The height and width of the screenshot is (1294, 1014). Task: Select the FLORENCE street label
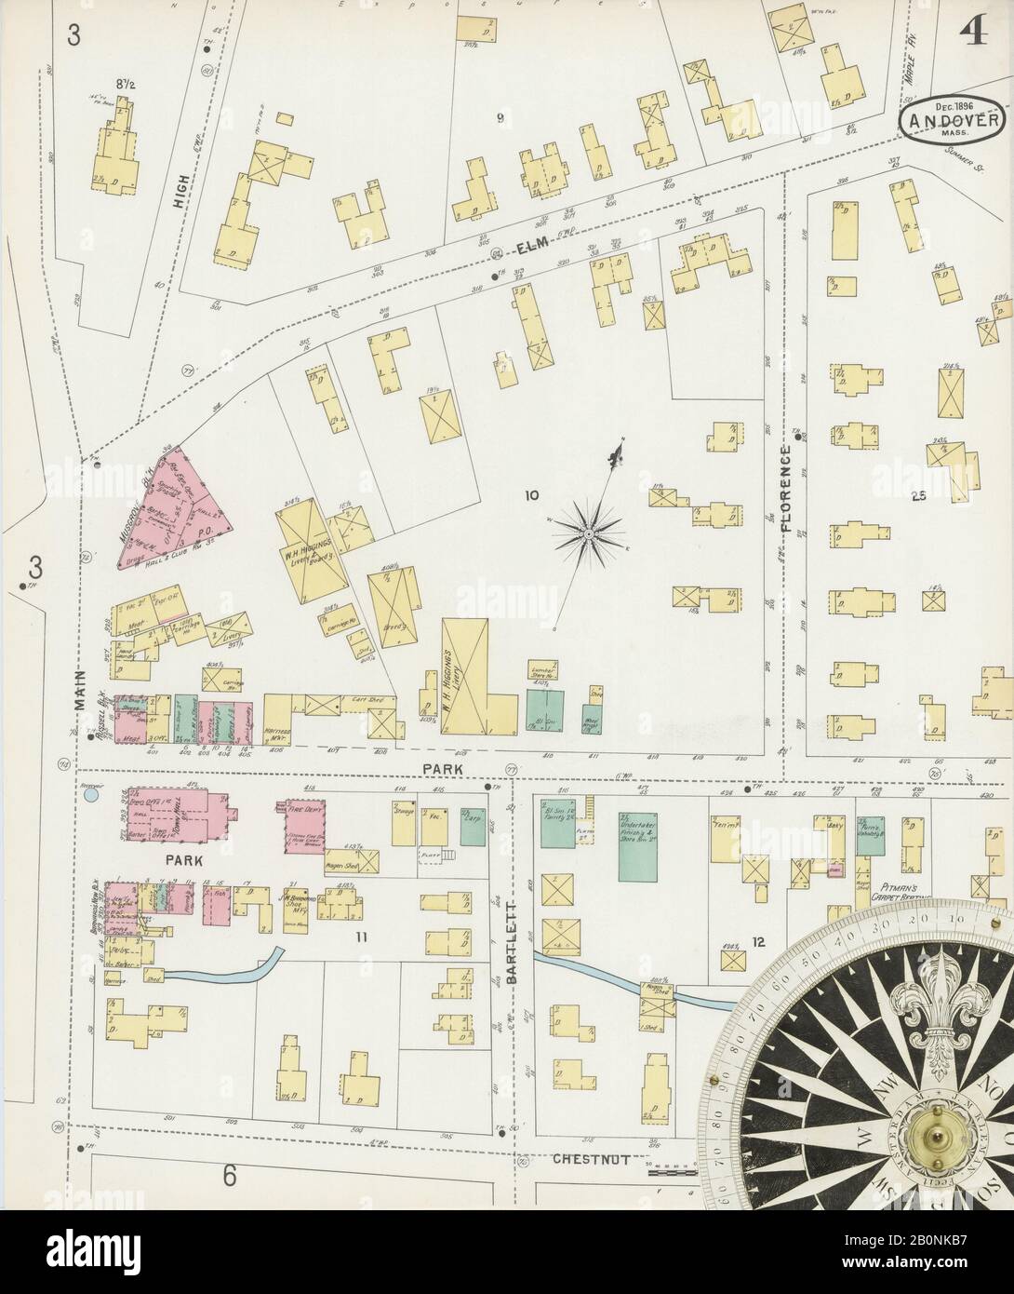click(786, 488)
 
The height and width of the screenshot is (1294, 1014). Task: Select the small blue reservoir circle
click(91, 795)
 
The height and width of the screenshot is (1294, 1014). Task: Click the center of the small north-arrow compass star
click(588, 533)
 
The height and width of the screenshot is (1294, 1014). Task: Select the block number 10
click(531, 496)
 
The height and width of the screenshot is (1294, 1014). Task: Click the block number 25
click(921, 495)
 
